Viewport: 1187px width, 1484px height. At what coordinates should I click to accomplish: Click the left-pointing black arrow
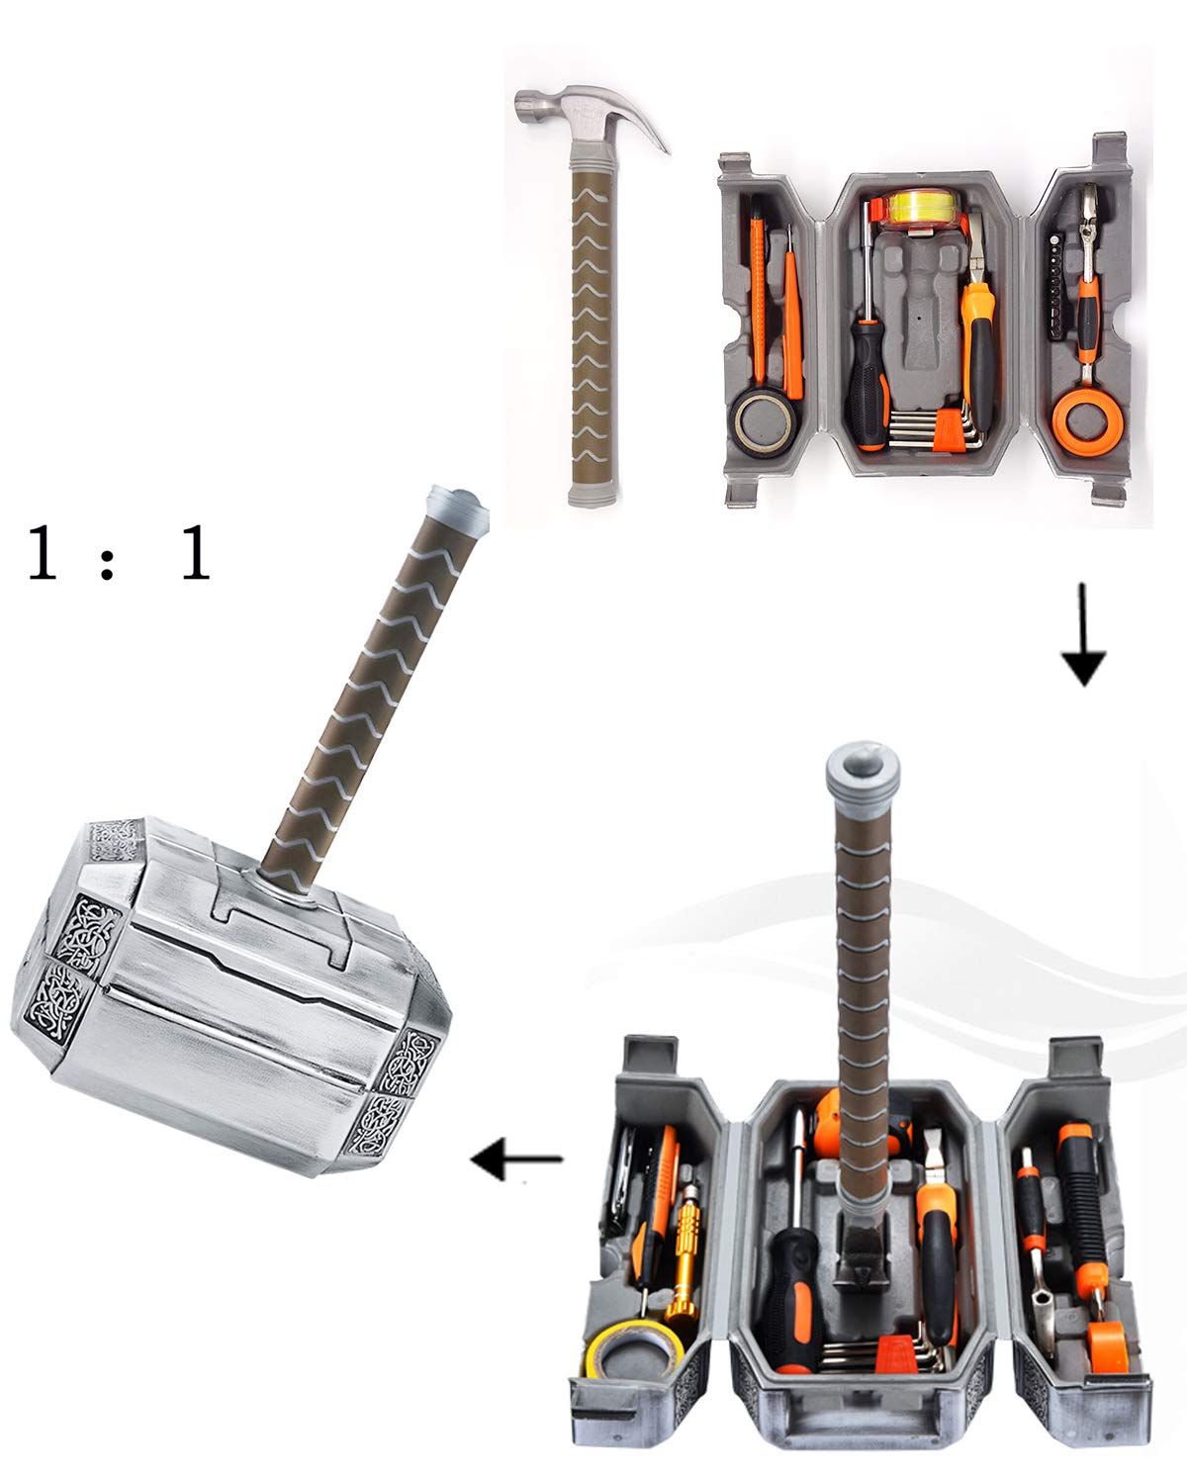515,1159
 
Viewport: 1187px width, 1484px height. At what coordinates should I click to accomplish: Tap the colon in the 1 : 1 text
109,556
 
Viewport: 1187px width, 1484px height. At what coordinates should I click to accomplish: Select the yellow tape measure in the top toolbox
921,210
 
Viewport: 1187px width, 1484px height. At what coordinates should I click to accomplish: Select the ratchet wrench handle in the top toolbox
1088,326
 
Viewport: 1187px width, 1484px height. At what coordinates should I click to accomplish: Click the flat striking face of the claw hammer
523,105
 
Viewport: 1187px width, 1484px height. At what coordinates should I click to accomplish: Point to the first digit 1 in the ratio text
41,554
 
